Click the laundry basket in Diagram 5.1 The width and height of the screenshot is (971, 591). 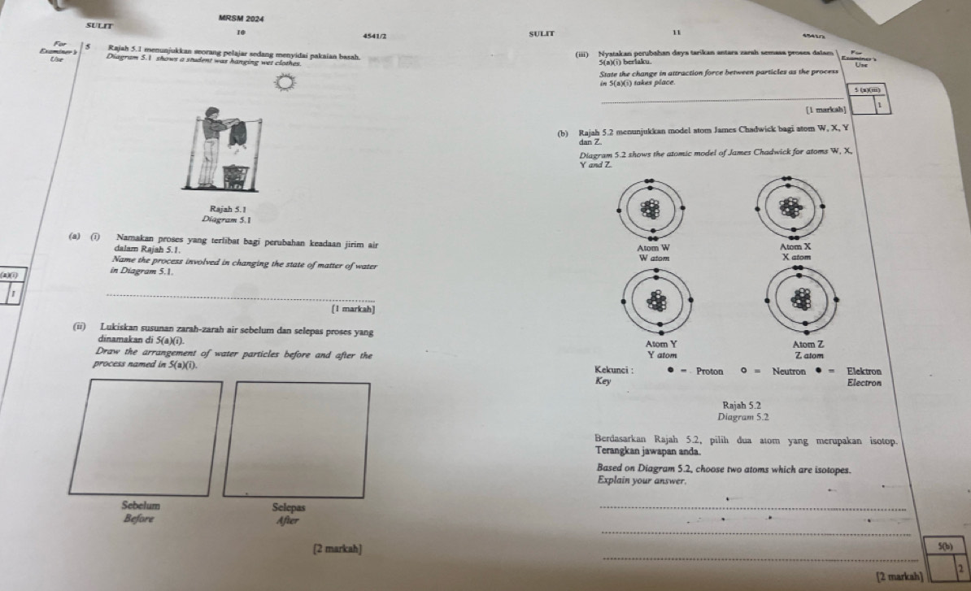point(235,176)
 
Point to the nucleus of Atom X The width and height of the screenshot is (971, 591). point(788,208)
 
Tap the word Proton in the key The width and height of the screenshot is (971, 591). point(710,371)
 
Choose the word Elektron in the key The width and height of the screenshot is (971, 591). point(869,371)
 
